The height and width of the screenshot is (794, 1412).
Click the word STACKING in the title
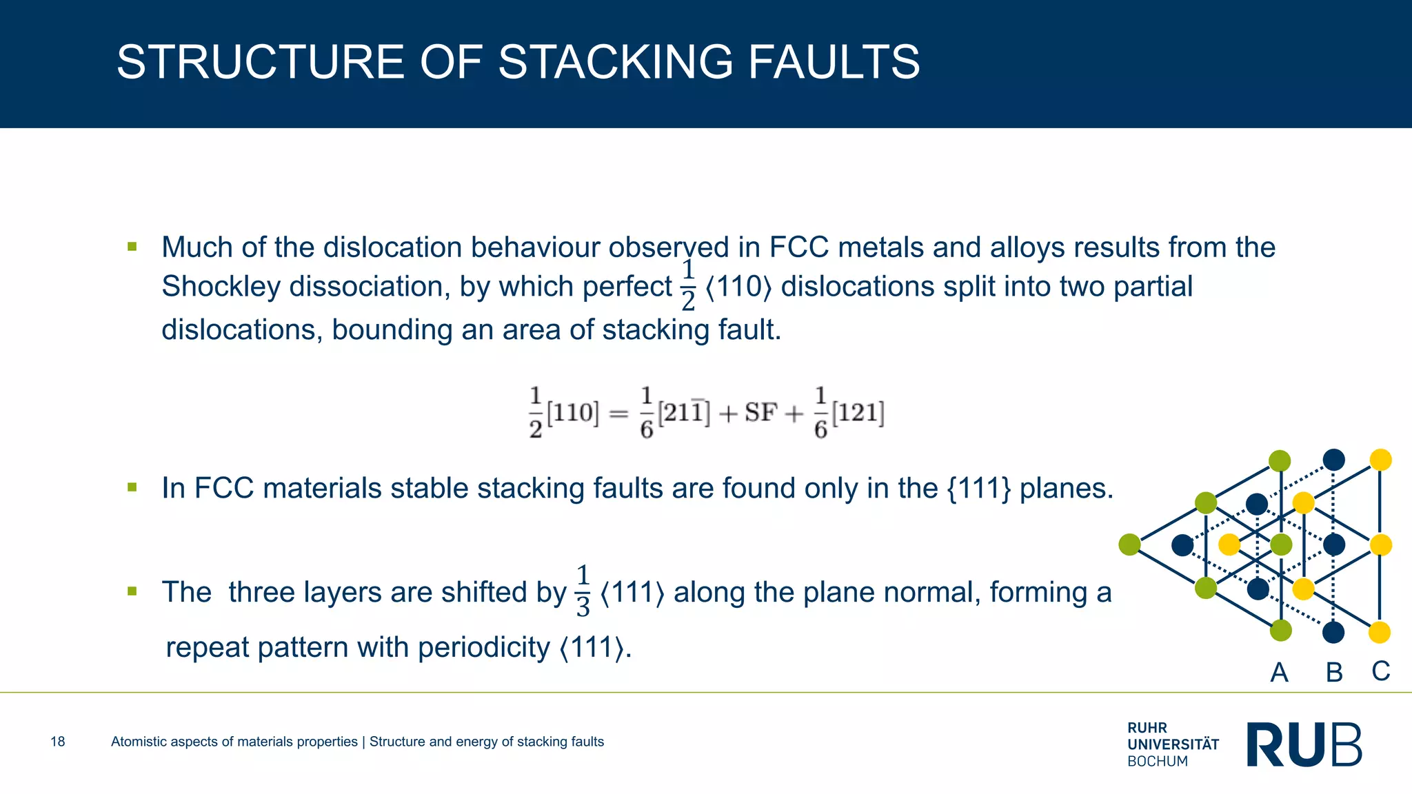615,62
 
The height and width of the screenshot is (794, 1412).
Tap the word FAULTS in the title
834,62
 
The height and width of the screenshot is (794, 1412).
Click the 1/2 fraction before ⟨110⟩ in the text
687,286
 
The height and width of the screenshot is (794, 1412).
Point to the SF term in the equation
760,413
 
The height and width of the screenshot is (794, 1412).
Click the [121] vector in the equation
858,413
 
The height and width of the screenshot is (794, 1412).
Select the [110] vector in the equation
572,413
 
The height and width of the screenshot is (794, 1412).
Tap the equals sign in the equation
618,414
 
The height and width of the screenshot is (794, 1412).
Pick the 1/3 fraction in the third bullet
583,591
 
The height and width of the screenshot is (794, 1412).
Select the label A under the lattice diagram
1279,672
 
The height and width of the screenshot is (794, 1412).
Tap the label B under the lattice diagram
1334,672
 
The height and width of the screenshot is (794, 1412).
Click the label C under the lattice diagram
1380,671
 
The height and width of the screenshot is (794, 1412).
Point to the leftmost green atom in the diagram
1129,544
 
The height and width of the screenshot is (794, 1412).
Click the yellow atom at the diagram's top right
1380,460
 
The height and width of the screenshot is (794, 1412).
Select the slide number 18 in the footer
58,742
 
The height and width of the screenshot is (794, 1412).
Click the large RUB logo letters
1304,744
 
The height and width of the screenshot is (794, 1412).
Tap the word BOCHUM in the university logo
1158,762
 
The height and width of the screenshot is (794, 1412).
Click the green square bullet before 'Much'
132,247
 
